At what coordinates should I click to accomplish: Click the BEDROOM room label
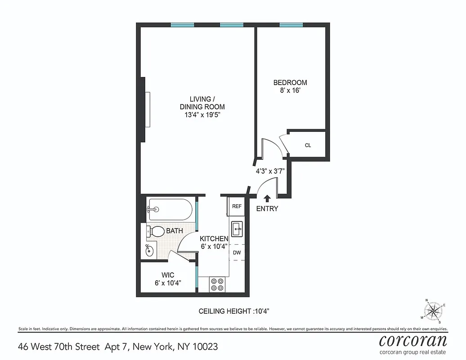click(x=290, y=83)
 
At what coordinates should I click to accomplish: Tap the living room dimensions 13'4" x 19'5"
click(x=202, y=115)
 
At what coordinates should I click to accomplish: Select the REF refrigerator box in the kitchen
click(x=237, y=206)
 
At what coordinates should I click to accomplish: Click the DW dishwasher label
click(x=237, y=252)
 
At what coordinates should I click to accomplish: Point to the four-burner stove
click(x=217, y=284)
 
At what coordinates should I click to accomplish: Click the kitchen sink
click(x=237, y=228)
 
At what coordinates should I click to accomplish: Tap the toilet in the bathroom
click(x=155, y=232)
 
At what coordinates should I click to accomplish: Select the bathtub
click(x=170, y=210)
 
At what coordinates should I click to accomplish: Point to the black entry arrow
click(x=267, y=198)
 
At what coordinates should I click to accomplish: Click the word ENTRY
click(x=267, y=209)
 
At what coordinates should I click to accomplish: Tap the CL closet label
click(x=308, y=145)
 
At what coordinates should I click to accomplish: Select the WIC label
click(x=168, y=275)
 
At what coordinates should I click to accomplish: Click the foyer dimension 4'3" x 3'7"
click(x=270, y=171)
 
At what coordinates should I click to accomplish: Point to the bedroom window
click(x=291, y=25)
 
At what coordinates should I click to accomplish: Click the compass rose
click(x=433, y=310)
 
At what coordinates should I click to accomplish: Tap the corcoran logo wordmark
click(x=413, y=340)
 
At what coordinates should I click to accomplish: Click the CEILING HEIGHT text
click(x=234, y=311)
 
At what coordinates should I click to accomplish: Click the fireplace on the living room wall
click(x=145, y=109)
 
